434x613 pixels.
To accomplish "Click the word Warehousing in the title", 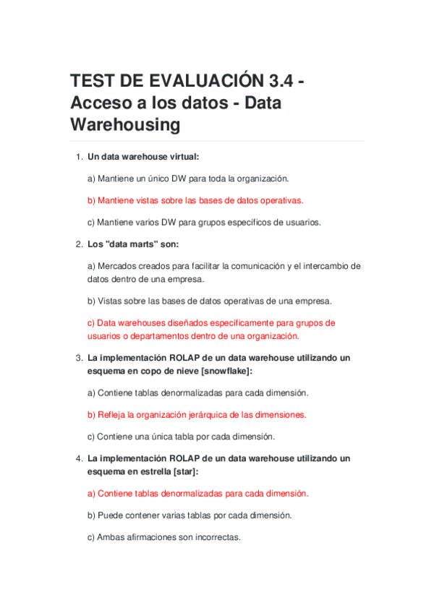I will coord(124,125).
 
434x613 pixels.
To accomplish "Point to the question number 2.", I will coord(79,244).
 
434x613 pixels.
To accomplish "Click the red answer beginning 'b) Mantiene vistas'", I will coord(195,200).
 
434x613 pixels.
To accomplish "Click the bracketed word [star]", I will coord(184,471).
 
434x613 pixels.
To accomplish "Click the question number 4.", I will coord(79,458).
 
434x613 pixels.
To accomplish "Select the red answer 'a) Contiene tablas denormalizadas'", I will coord(197,494).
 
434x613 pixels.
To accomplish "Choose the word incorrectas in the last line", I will coord(217,538).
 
